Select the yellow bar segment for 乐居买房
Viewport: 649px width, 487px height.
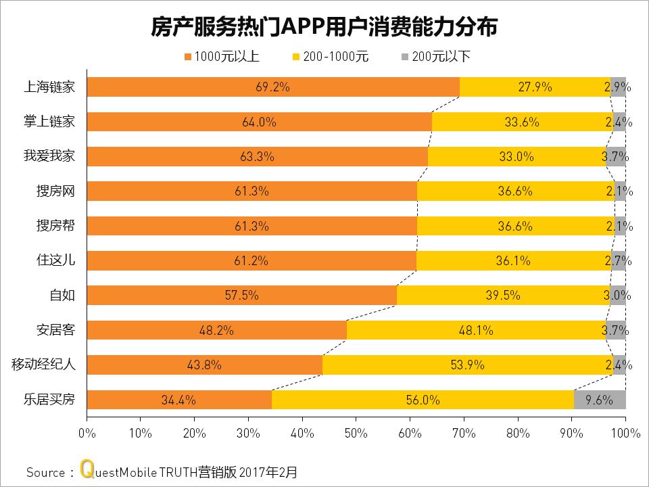pyautogui.click(x=423, y=400)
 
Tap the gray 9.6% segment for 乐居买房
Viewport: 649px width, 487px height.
pyautogui.click(x=599, y=400)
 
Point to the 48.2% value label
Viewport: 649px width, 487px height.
pyautogui.click(x=216, y=330)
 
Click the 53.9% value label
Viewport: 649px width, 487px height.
pyautogui.click(x=467, y=365)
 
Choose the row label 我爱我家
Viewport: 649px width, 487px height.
pyautogui.click(x=49, y=156)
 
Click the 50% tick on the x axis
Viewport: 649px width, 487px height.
pyautogui.click(x=356, y=432)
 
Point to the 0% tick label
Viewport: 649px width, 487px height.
pyautogui.click(x=87, y=432)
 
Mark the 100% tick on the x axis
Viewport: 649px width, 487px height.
pyautogui.click(x=625, y=432)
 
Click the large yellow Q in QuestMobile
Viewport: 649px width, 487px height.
pyautogui.click(x=86, y=469)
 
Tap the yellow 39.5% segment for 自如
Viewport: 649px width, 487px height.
pyautogui.click(x=503, y=296)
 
